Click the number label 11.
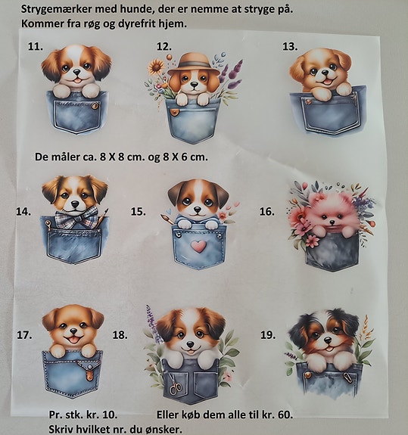(36, 46)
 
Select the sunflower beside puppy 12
(155, 67)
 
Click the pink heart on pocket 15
(199, 246)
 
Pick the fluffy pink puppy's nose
(332, 222)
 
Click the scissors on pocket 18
(176, 384)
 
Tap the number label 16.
(267, 212)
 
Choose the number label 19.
(268, 335)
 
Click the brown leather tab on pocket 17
(89, 373)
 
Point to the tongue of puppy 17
(73, 340)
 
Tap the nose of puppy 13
(323, 73)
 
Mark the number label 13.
(290, 47)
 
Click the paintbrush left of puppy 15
(167, 219)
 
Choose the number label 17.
(24, 335)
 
